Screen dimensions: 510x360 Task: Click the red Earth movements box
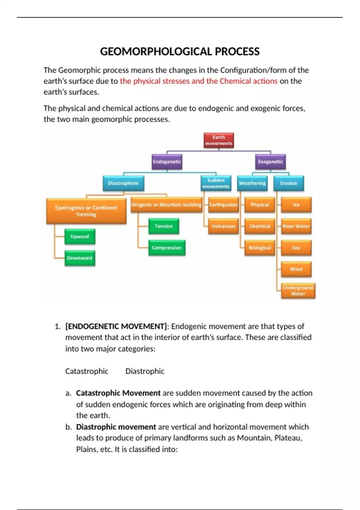[x=219, y=140]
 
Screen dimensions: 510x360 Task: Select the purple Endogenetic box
[x=167, y=162]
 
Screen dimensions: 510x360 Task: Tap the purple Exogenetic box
[x=270, y=162]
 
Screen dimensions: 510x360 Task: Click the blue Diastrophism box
[x=123, y=183]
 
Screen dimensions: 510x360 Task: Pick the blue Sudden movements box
[x=216, y=183]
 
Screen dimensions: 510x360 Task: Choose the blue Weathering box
[x=252, y=183]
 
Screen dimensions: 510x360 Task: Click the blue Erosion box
[x=289, y=183]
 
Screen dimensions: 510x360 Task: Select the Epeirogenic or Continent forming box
[x=86, y=211]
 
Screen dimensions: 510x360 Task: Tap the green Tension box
[x=163, y=226]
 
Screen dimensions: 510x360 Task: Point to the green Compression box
[x=167, y=248]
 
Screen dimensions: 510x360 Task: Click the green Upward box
[x=80, y=237]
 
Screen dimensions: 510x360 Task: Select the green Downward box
[x=80, y=258]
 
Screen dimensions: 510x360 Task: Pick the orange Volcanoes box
[x=223, y=226]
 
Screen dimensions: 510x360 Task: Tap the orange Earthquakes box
[x=223, y=205]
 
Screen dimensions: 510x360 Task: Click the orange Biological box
[x=260, y=248]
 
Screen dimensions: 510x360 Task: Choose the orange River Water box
[x=296, y=226]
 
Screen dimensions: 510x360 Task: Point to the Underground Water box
[x=298, y=291]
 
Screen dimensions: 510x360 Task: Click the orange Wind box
[x=296, y=269]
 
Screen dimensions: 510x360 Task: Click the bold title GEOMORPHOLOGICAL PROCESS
[x=180, y=52]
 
